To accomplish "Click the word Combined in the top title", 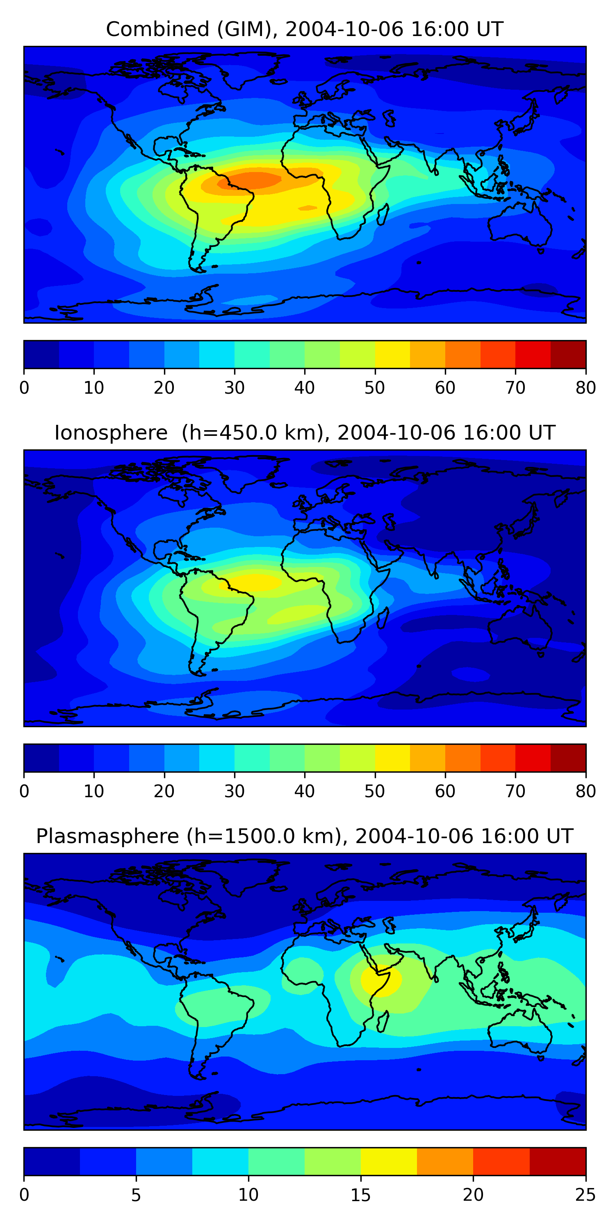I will coord(157,29).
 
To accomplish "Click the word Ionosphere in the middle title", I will coord(111,433).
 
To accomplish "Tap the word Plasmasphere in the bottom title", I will coord(107,837).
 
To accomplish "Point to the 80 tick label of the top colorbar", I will coord(585,388).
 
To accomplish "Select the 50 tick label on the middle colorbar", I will coord(375,791).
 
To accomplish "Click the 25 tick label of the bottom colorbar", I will coord(585,1195).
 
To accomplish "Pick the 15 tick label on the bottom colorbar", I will coord(360,1195).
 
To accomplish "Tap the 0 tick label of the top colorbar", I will coord(24,388).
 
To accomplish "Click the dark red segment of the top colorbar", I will coord(568,354).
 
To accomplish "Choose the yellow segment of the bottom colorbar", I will coord(389,1161).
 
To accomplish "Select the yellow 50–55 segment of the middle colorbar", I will coord(392,758).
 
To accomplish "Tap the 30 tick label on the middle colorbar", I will coord(235,791).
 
